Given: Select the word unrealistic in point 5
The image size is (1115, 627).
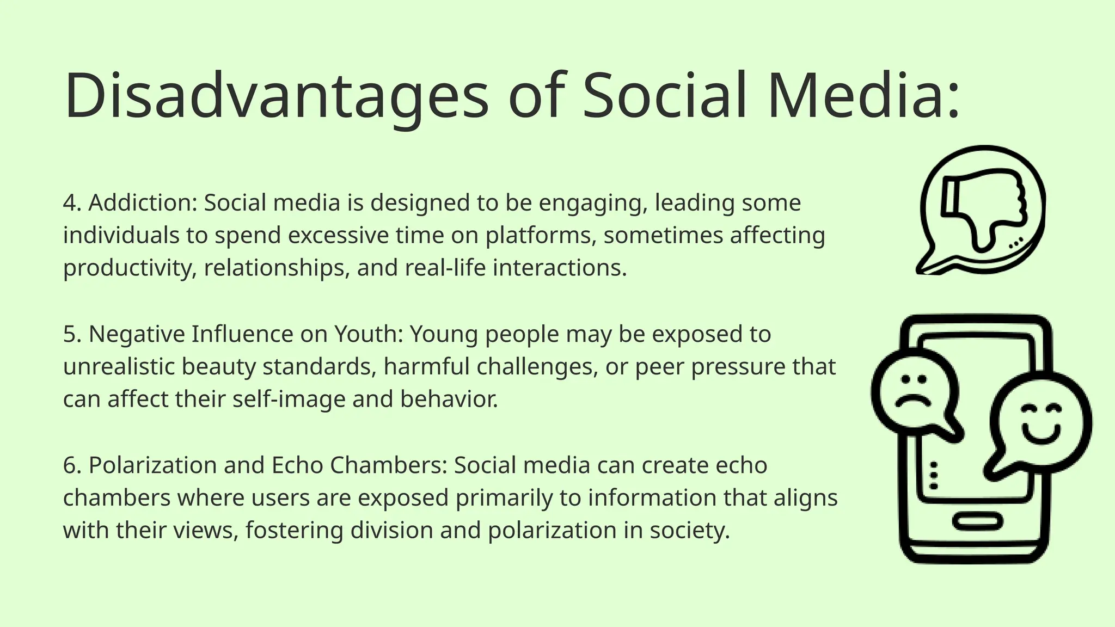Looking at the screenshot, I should click(119, 367).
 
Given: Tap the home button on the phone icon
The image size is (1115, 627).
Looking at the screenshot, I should click(977, 522).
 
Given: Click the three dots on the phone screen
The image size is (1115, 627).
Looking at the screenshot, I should click(934, 476).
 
